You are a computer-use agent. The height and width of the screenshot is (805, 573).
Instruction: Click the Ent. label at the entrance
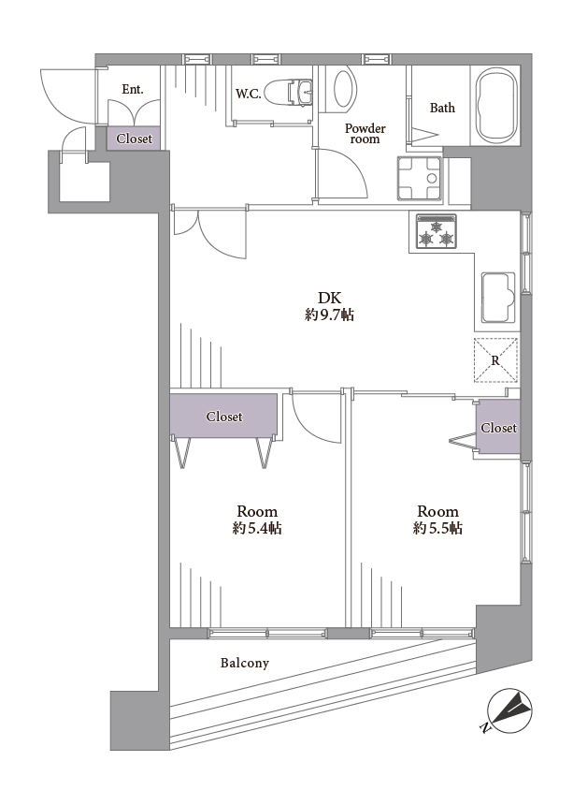click(x=133, y=89)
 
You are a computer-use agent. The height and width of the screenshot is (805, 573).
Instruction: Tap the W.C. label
click(x=249, y=94)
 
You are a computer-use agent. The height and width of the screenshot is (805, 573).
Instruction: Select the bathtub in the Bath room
click(x=496, y=105)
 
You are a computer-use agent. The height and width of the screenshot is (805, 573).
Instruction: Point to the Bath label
click(x=442, y=108)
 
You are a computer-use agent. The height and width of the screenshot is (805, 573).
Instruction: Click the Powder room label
click(x=365, y=134)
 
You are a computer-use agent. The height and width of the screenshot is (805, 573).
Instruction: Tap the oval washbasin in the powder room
click(x=344, y=89)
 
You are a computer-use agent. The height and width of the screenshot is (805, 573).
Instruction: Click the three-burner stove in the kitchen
click(x=437, y=232)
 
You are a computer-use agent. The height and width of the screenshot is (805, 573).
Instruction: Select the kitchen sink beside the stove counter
click(x=498, y=298)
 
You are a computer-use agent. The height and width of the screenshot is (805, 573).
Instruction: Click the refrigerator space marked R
click(x=495, y=360)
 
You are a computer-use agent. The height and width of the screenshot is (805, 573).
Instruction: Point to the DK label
click(x=329, y=298)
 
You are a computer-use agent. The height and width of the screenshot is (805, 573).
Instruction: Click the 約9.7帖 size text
click(x=329, y=315)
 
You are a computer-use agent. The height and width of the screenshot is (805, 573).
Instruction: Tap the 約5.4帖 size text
click(x=257, y=528)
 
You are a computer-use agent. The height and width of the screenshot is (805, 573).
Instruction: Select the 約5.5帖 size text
click(x=437, y=528)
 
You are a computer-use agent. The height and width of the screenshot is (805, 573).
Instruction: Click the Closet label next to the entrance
click(x=135, y=139)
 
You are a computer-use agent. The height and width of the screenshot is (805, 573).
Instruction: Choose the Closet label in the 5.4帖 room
click(x=224, y=417)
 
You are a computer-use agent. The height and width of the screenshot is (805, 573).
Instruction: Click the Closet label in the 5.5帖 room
click(x=498, y=428)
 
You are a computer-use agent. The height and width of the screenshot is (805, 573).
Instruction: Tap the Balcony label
click(x=245, y=663)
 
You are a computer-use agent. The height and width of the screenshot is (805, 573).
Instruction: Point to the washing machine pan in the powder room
click(x=420, y=179)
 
